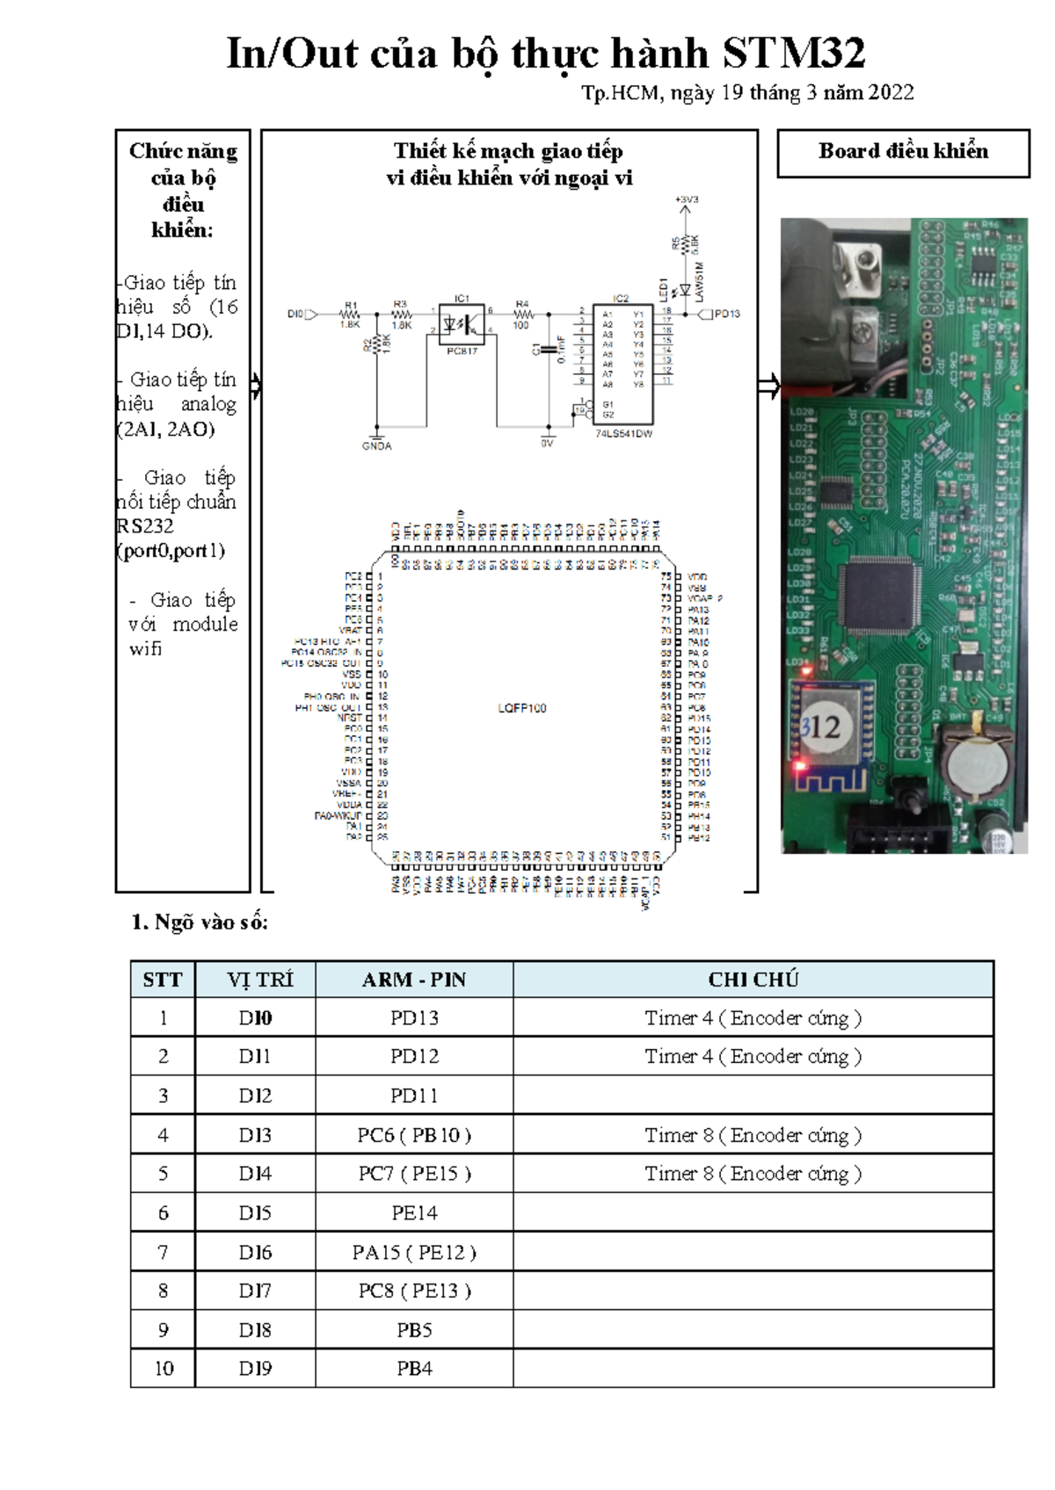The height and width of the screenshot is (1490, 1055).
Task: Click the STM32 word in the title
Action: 793,54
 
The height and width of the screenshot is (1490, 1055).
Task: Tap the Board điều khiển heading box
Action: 903,153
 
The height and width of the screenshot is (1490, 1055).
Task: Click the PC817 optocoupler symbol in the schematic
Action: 462,325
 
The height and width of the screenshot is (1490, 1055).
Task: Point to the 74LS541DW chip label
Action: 623,434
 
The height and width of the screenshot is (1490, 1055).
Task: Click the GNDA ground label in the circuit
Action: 376,446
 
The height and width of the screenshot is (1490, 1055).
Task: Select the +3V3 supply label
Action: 687,200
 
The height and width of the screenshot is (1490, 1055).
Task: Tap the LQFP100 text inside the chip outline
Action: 521,708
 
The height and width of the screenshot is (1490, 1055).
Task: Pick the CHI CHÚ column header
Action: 753,980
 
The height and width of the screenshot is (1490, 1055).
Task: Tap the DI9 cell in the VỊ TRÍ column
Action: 255,1369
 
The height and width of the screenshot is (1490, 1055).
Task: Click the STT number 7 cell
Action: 163,1252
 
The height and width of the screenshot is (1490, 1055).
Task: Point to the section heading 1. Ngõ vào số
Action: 200,922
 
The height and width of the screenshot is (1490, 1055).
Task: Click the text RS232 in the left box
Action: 145,526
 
